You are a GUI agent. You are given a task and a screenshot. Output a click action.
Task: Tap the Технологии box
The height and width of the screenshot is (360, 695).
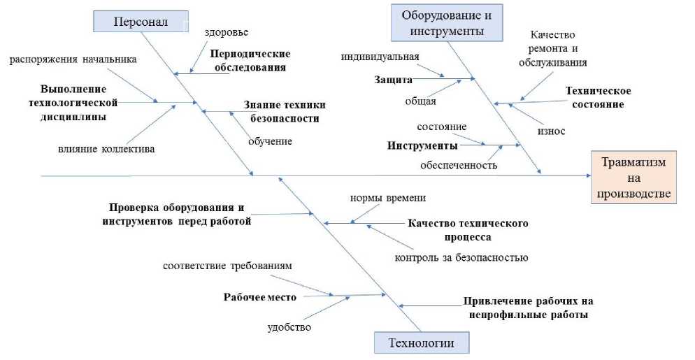(x=422, y=343)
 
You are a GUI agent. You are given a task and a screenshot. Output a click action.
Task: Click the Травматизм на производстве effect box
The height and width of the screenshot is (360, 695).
(x=634, y=177)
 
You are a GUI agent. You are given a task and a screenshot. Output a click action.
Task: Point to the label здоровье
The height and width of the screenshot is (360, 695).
(x=227, y=32)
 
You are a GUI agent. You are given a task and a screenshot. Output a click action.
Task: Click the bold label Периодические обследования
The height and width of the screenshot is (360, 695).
(x=250, y=60)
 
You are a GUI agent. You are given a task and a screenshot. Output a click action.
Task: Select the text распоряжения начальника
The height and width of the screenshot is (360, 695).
(x=73, y=59)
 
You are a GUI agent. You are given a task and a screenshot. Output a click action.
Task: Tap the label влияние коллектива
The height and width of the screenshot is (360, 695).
(x=106, y=148)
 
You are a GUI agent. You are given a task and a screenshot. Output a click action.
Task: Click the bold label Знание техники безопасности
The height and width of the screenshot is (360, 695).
(x=285, y=111)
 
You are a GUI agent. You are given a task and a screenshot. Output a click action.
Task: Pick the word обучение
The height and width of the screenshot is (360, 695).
(x=270, y=141)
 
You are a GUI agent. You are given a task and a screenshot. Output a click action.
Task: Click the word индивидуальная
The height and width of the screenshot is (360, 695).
(x=380, y=56)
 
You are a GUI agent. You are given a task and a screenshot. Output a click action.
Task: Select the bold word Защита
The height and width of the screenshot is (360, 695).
(x=394, y=79)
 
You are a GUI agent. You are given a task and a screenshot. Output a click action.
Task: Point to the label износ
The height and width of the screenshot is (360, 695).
(x=551, y=131)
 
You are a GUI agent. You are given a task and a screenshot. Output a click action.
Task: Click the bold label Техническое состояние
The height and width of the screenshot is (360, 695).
(x=598, y=97)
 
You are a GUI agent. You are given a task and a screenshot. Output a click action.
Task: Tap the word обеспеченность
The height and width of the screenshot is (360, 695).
(x=459, y=165)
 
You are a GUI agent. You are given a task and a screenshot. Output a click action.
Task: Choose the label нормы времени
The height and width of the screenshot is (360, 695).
(x=388, y=198)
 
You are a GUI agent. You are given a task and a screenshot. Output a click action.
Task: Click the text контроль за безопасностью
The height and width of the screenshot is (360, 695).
(x=461, y=257)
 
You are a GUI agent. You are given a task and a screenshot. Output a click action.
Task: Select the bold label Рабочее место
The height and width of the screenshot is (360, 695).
(x=260, y=296)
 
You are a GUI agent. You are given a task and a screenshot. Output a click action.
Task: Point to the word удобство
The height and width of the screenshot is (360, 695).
(x=289, y=326)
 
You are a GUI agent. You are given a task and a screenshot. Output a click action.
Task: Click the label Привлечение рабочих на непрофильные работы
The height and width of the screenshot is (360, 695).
(x=528, y=308)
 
